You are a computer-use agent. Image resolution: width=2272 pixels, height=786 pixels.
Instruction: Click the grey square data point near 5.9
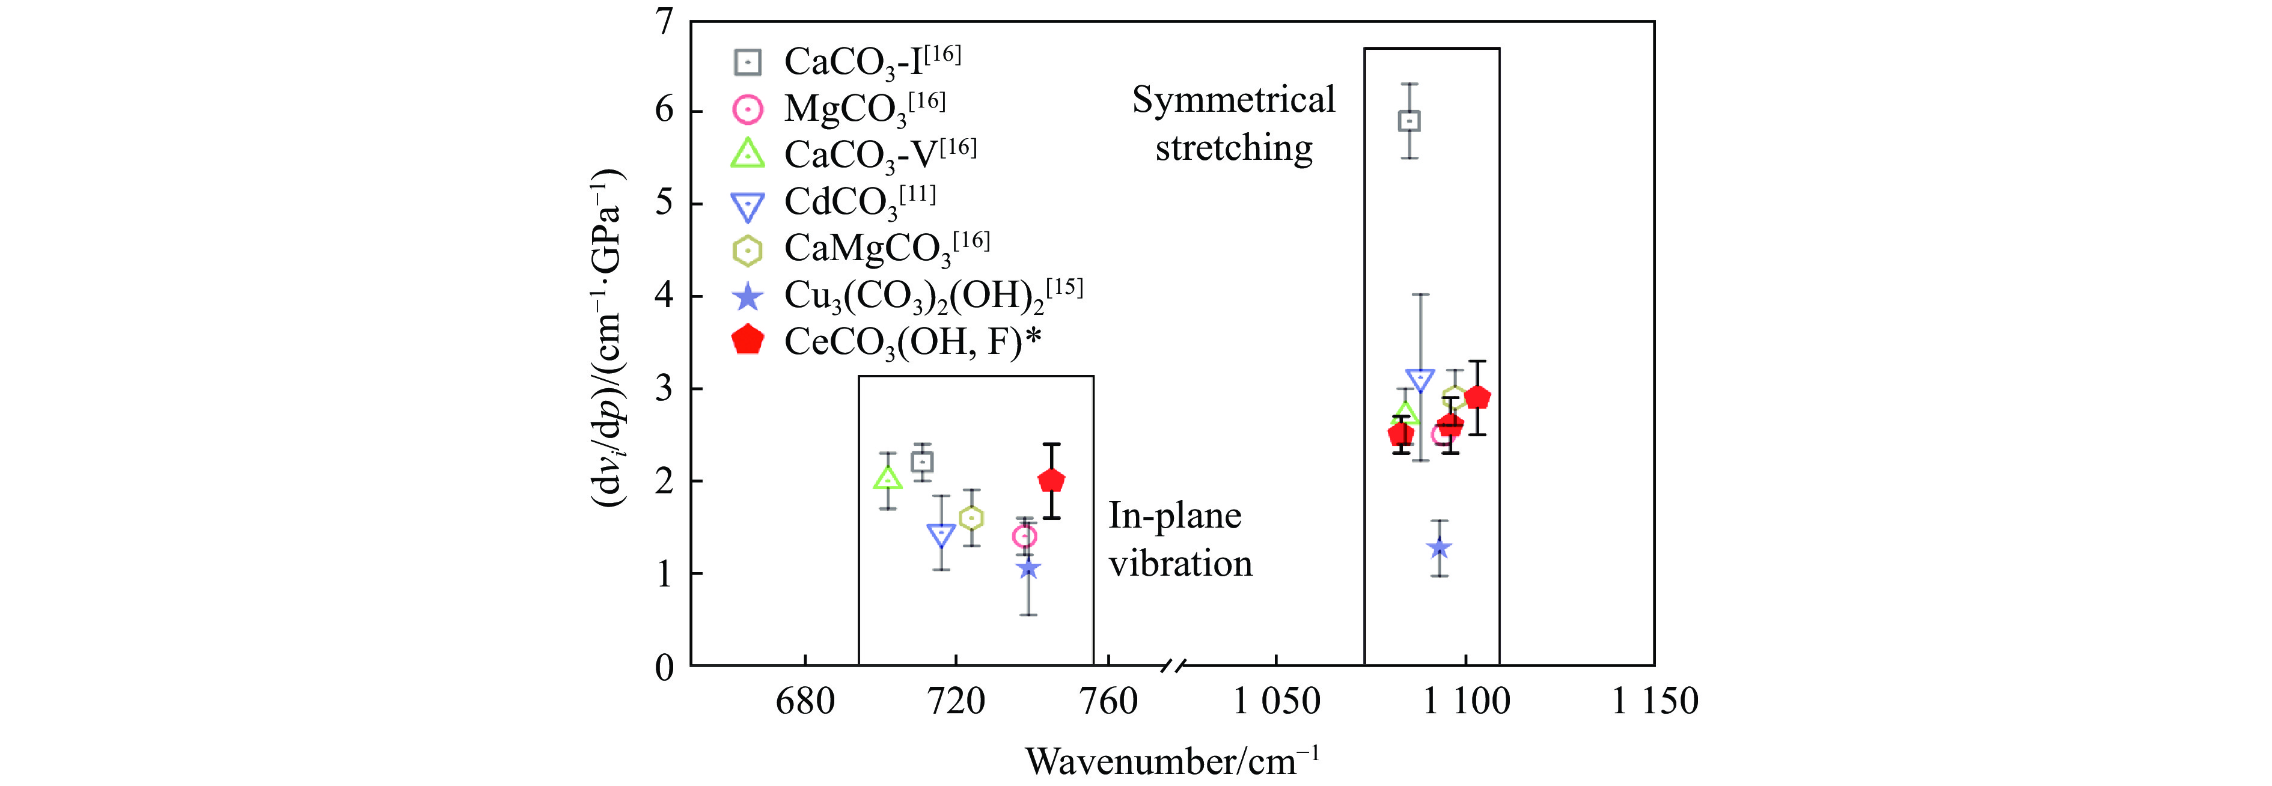click(x=1409, y=121)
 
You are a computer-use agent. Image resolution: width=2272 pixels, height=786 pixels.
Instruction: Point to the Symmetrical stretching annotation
click(x=1233, y=124)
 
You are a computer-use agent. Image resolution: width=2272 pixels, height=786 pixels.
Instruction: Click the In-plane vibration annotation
click(x=1179, y=539)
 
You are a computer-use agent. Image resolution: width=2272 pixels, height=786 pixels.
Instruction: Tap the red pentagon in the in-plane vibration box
click(x=1051, y=481)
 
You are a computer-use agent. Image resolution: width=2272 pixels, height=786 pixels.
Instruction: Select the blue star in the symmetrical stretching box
click(x=1440, y=548)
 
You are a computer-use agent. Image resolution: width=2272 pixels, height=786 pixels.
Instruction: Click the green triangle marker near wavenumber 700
click(x=887, y=479)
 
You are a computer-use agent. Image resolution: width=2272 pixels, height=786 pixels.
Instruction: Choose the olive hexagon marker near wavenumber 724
click(x=971, y=518)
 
